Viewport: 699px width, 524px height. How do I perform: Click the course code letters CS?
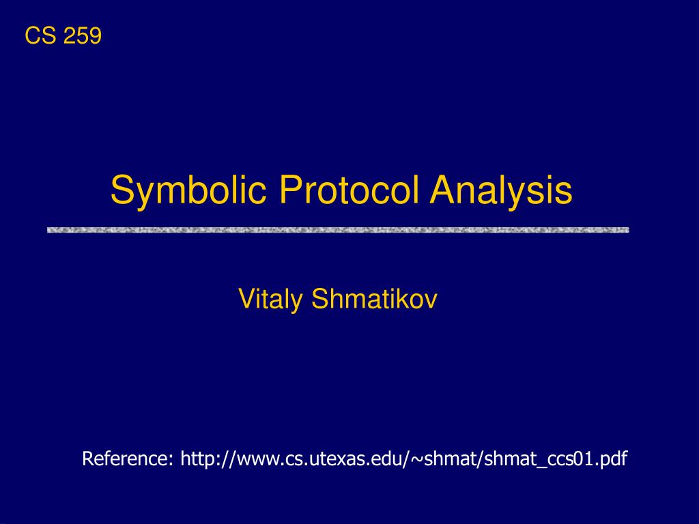point(40,35)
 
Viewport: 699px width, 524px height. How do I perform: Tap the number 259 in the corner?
point(83,35)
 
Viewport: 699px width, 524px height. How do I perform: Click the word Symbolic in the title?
point(188,191)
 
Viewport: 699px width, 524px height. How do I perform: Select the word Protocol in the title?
point(349,190)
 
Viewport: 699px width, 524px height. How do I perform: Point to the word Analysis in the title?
point(501,191)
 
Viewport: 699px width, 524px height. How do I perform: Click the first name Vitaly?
point(270,300)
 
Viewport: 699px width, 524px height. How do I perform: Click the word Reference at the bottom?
point(125,458)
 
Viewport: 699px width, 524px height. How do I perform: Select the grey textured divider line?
point(338,230)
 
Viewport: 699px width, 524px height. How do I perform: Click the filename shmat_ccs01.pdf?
point(556,459)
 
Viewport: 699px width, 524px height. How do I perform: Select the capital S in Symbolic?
point(122,190)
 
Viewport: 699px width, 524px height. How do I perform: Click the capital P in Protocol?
point(291,190)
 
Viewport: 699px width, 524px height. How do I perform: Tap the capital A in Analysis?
point(444,190)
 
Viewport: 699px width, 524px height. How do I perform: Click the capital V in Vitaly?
point(247,299)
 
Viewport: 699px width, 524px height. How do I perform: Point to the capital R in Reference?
point(88,458)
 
